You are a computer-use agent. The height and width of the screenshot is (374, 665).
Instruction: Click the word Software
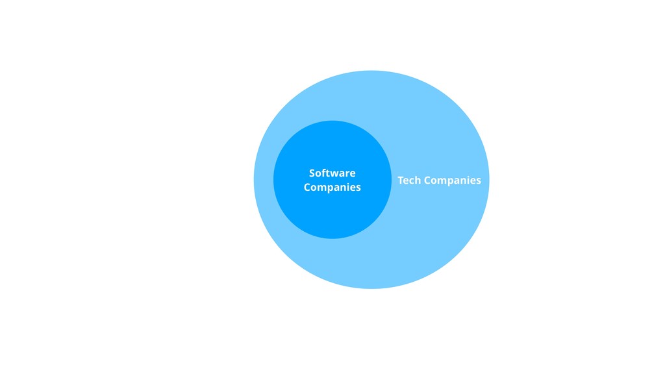point(332,173)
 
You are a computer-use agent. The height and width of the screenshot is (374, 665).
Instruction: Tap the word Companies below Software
point(332,188)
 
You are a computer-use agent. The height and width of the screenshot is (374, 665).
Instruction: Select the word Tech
point(409,180)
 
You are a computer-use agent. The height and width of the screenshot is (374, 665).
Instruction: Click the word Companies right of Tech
point(453,181)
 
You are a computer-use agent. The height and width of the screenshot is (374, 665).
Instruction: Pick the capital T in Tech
point(401,180)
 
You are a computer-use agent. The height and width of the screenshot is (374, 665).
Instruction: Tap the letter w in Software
point(334,173)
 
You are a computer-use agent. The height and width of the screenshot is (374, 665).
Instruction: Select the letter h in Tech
point(418,180)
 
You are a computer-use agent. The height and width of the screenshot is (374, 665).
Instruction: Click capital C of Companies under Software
point(307,187)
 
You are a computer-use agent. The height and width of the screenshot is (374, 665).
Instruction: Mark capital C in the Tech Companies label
point(428,180)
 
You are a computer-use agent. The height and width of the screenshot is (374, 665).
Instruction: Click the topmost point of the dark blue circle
point(332,121)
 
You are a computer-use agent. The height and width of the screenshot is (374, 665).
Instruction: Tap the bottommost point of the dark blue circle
point(332,238)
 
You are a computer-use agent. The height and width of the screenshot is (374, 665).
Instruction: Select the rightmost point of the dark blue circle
point(391,180)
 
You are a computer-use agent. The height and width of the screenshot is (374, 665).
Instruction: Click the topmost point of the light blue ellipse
point(371,71)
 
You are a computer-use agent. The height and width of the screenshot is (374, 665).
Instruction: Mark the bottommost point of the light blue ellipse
point(371,288)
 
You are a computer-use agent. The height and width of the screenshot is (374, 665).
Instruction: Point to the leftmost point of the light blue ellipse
point(254,180)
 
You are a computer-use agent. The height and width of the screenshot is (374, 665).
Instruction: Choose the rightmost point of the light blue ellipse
point(489,180)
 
